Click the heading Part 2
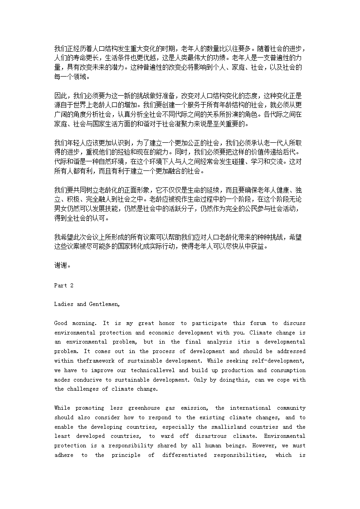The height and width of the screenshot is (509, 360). [63, 285]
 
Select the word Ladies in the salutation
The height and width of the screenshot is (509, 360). [64, 304]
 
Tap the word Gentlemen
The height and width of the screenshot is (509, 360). [103, 304]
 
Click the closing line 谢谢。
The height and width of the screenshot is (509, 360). [62, 266]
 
